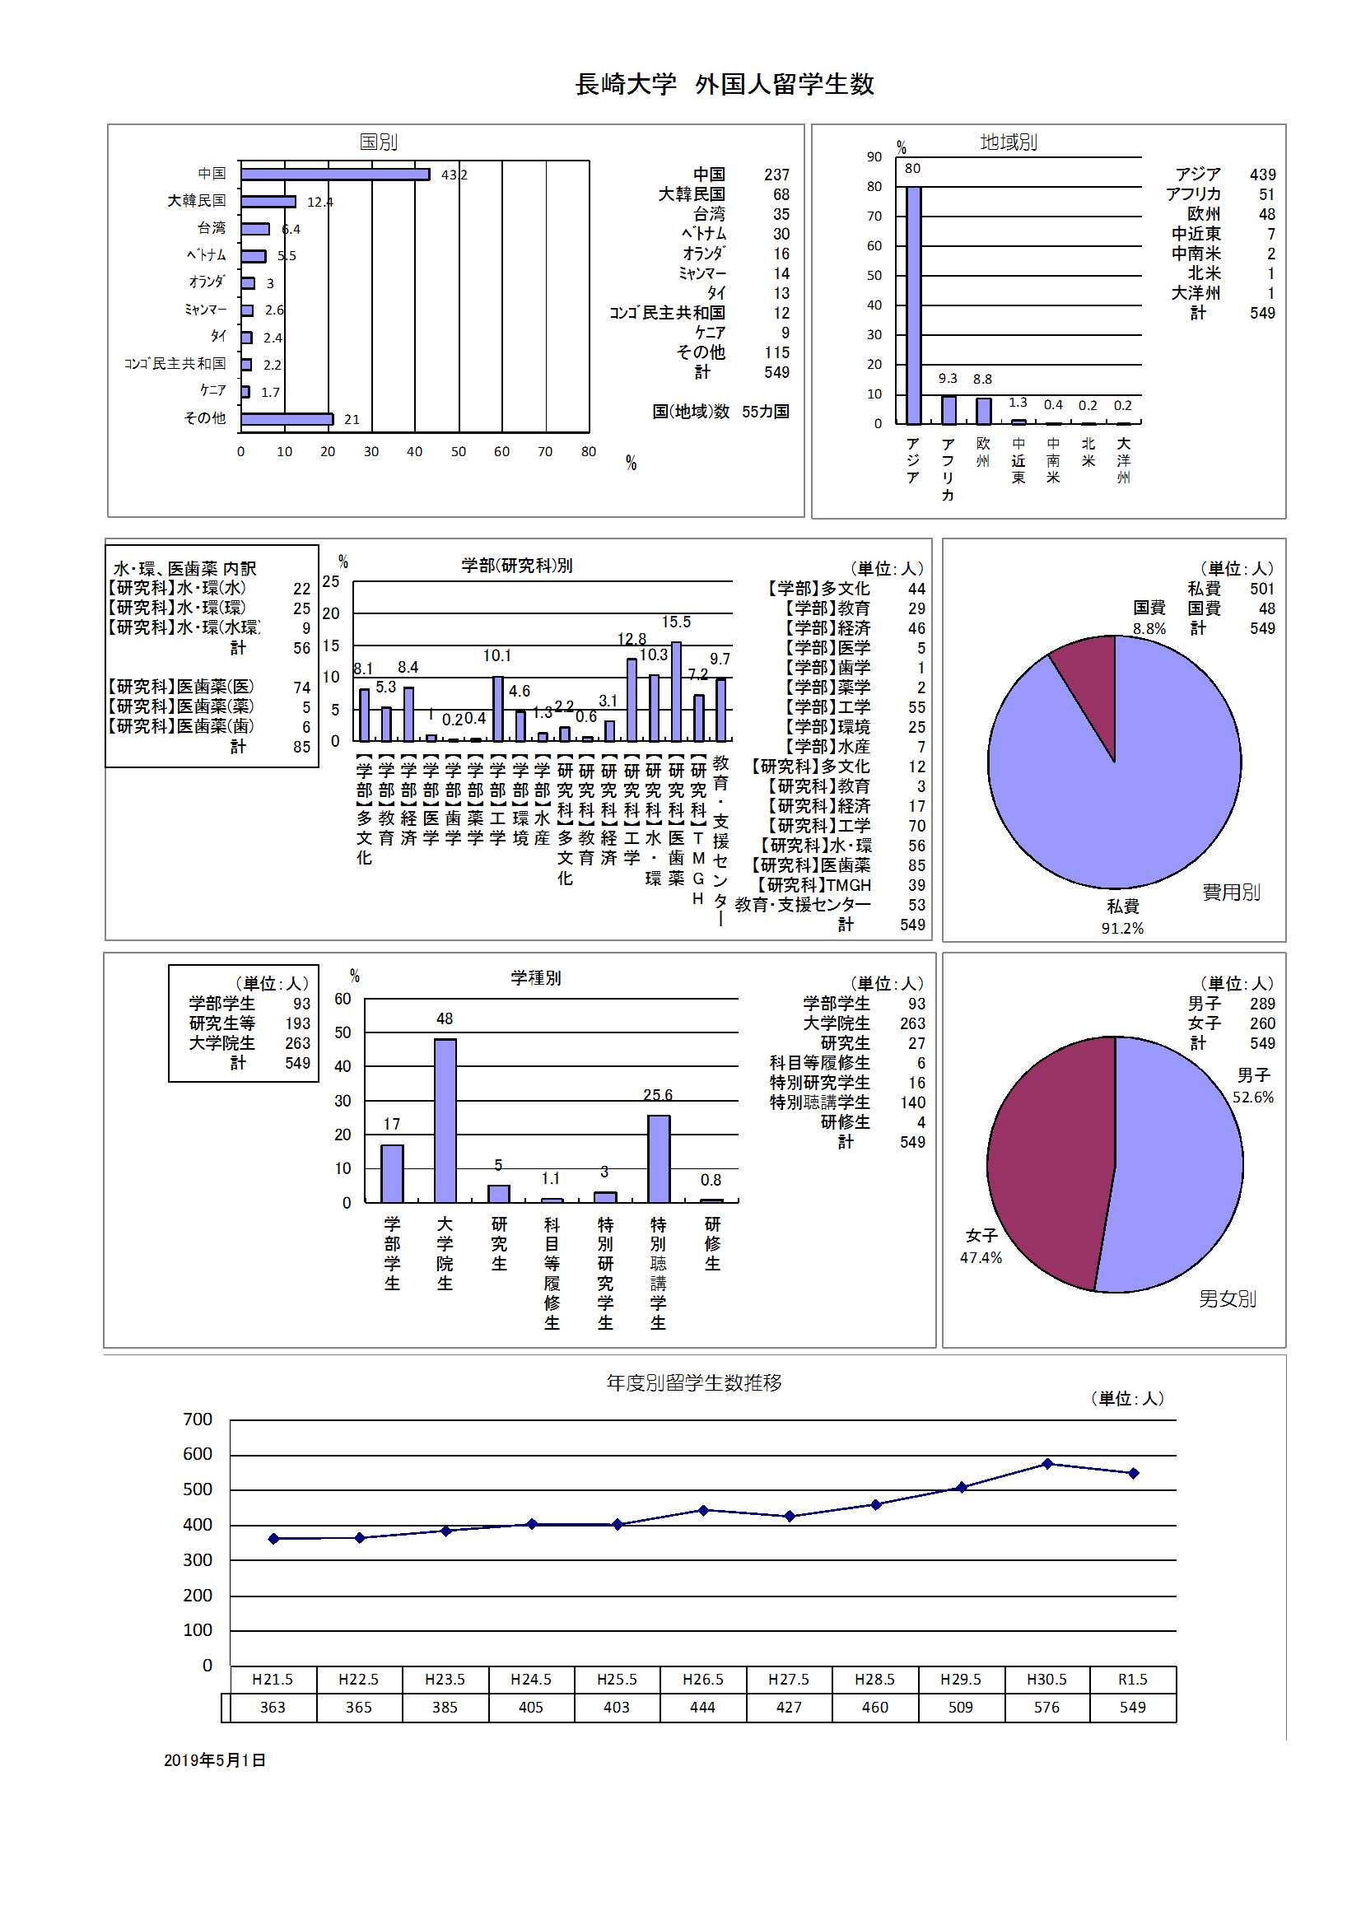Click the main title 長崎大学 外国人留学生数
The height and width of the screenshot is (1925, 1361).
tap(725, 84)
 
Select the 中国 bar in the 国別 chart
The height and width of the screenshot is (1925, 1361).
tap(334, 175)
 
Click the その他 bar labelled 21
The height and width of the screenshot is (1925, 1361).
tap(287, 419)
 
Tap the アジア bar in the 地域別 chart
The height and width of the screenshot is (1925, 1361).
tap(913, 305)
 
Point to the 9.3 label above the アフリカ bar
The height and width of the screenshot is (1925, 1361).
tap(948, 379)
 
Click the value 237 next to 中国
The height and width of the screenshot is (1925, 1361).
tap(776, 175)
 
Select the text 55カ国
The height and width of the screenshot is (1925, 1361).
tap(765, 412)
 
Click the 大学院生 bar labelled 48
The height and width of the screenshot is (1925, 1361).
tap(445, 1120)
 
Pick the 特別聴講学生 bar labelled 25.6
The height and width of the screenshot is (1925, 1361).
tap(659, 1158)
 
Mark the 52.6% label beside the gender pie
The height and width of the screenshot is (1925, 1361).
tap(1252, 1097)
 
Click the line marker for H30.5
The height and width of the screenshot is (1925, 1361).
tap(1046, 1464)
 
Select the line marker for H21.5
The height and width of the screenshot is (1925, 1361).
tap(273, 1539)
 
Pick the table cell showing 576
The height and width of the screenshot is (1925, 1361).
tap(1046, 1707)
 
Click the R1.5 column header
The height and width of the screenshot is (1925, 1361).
tap(1132, 1680)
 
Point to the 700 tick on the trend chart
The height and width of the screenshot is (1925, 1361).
tap(198, 1419)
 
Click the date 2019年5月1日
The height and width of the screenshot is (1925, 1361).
tap(215, 1760)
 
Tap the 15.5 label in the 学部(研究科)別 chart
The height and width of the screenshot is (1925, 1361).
tap(676, 622)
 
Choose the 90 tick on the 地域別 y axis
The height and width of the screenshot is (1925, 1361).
tap(874, 156)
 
